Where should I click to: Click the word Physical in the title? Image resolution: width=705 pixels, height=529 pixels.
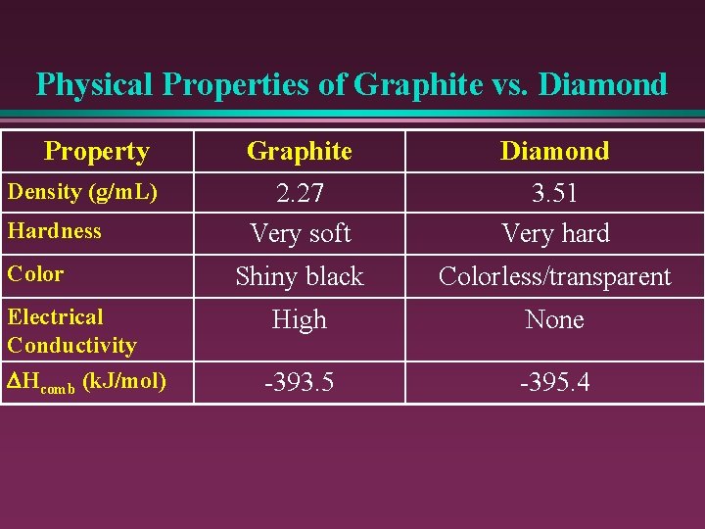point(95,84)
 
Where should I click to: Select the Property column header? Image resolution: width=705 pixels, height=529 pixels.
point(96,151)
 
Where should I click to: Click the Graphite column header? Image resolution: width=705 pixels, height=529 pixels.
point(300,151)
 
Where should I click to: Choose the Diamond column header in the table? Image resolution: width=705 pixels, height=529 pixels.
point(554,151)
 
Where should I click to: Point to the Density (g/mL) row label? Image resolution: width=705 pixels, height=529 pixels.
point(82,192)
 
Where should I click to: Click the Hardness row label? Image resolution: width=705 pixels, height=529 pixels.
point(55,231)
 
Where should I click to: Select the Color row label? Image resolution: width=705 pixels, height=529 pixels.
point(35,274)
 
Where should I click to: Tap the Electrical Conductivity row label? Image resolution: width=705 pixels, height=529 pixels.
point(71,331)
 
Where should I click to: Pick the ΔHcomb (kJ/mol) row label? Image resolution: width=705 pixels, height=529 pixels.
point(86,381)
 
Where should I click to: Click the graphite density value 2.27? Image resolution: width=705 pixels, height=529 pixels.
point(300,194)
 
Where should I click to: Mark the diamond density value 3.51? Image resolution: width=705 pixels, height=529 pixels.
point(554,194)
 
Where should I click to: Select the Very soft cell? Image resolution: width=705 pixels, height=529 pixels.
point(300,233)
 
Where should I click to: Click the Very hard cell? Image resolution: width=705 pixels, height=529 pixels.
point(555,233)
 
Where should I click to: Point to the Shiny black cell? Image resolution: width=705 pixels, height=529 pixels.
point(300,276)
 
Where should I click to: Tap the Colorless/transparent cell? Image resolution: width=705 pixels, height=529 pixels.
point(554,276)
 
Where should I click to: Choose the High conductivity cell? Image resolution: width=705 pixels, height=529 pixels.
point(300,319)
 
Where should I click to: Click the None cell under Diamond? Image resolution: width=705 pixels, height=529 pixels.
point(554,319)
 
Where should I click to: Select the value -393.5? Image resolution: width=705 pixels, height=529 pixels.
point(300,382)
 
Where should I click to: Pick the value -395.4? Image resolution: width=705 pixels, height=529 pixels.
point(554,382)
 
